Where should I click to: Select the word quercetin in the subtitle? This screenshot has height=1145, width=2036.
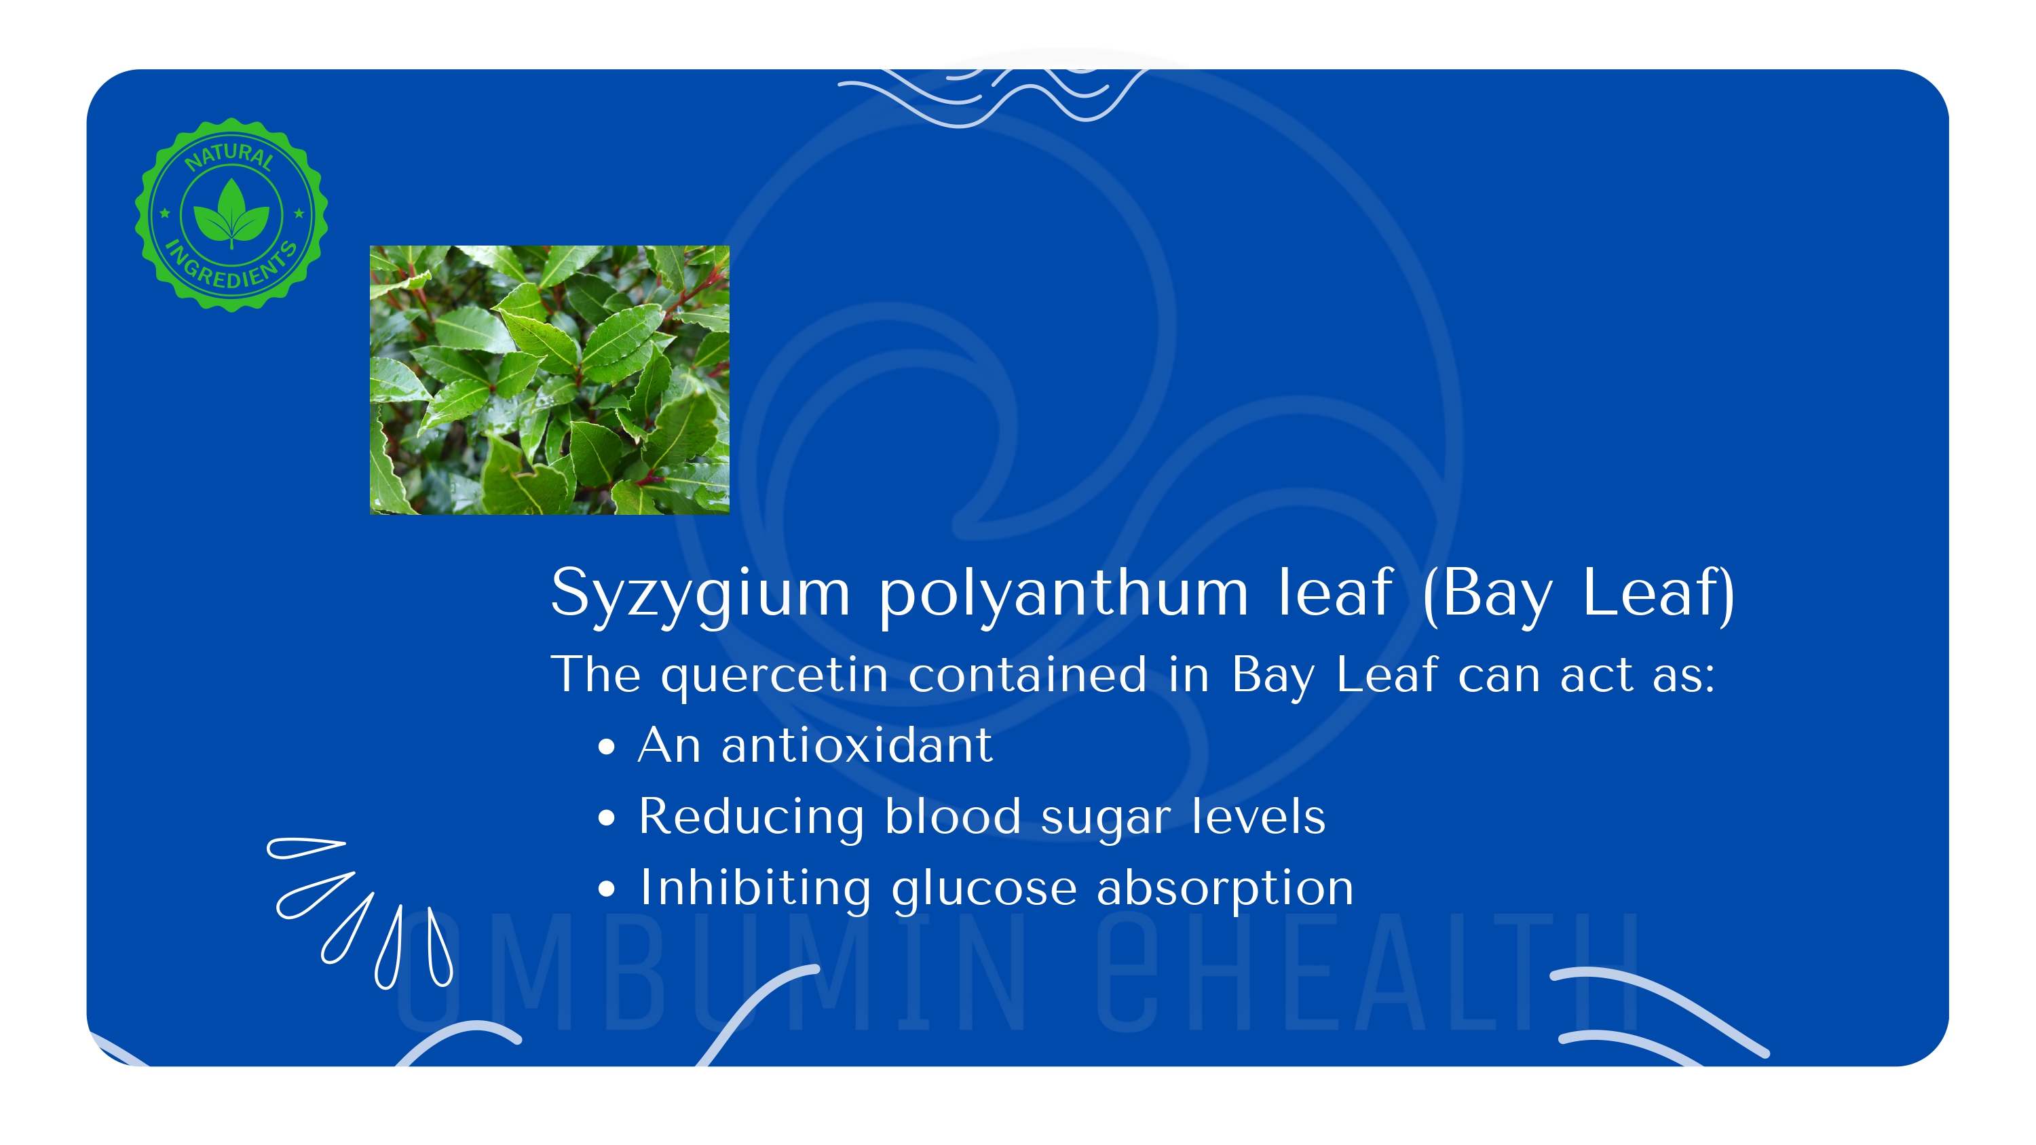pos(774,676)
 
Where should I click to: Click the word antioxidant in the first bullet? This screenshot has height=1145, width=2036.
pos(856,745)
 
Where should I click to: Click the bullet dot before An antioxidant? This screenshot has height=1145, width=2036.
pos(606,748)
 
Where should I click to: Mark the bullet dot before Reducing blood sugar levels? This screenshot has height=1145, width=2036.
pos(606,819)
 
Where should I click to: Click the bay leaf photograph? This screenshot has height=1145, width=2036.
pos(549,380)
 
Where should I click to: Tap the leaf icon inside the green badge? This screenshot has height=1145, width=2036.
pos(231,212)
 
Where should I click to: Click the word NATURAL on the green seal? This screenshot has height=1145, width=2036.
pos(229,155)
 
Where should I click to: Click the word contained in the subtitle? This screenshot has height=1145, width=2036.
pos(1028,675)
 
